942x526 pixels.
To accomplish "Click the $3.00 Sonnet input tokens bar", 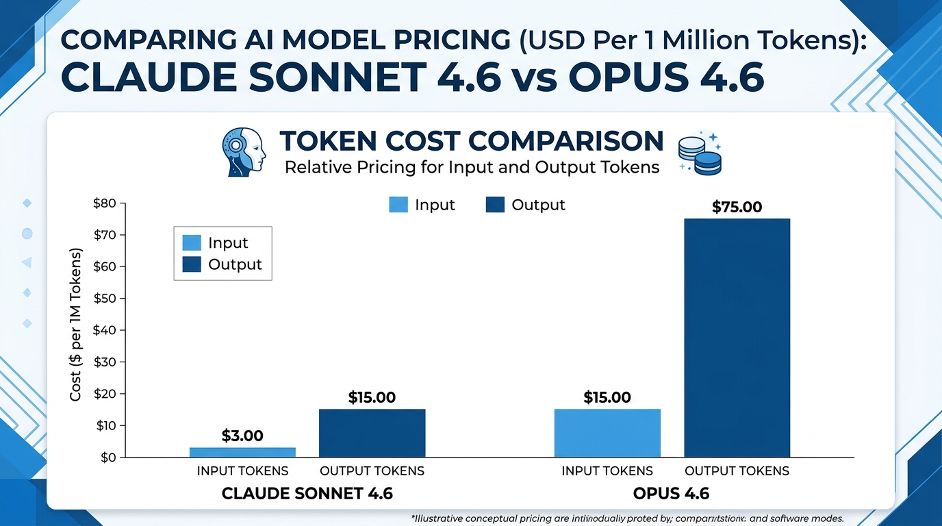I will tap(242, 452).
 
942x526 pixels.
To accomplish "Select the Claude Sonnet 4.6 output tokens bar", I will tap(372, 433).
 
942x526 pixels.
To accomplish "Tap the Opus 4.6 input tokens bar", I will tap(607, 433).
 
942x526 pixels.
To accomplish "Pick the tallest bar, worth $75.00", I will tap(737, 338).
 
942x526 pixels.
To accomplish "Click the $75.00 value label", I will tap(737, 207).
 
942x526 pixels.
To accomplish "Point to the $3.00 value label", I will tap(242, 436).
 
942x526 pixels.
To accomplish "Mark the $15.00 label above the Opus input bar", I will tap(607, 397).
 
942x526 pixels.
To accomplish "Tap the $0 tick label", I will tap(107, 458).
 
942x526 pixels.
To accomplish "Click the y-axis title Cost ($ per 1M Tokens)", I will tap(76, 325).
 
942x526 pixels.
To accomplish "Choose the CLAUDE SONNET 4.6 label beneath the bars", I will tap(307, 494).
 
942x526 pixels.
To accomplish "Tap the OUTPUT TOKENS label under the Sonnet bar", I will tap(372, 471).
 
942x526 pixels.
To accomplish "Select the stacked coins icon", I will tap(699, 153).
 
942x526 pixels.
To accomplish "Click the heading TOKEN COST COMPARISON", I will tap(472, 141).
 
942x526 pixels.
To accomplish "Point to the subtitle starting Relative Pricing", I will tap(472, 166).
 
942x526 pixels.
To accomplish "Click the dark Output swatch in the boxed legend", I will tap(192, 264).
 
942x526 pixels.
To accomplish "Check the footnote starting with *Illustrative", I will tap(626, 518).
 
